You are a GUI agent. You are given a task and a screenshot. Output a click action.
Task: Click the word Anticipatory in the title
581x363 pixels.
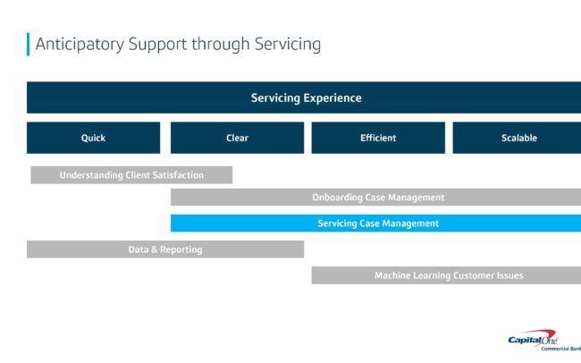tap(80, 45)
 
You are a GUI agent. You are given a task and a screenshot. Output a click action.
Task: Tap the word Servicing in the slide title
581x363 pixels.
tap(288, 45)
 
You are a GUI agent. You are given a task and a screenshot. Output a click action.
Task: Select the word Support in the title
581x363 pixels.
tap(158, 45)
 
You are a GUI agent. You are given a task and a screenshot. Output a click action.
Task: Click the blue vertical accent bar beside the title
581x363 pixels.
tap(29, 45)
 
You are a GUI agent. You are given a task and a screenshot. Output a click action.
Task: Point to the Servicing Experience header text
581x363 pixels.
tap(306, 97)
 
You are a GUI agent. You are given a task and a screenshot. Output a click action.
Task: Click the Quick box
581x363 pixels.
tap(93, 138)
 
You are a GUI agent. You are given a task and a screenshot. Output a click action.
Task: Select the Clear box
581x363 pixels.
tap(237, 138)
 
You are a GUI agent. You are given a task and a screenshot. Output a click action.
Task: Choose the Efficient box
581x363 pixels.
tap(378, 138)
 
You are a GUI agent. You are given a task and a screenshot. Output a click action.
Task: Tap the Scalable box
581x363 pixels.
tap(517, 138)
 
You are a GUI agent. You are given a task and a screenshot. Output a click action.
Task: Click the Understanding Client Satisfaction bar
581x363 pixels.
tap(131, 175)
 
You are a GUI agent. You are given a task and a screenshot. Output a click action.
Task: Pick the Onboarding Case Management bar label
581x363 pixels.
tap(378, 198)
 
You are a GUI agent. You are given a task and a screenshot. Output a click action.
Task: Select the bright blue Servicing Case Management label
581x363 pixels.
tap(378, 224)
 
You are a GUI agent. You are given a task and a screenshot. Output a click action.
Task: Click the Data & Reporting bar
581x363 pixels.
tap(165, 249)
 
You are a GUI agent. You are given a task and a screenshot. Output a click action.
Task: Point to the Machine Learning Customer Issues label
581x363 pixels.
tap(449, 275)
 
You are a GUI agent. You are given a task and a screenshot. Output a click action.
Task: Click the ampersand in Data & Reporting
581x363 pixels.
tap(154, 249)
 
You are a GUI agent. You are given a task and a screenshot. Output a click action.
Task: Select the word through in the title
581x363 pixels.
tap(221, 45)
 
